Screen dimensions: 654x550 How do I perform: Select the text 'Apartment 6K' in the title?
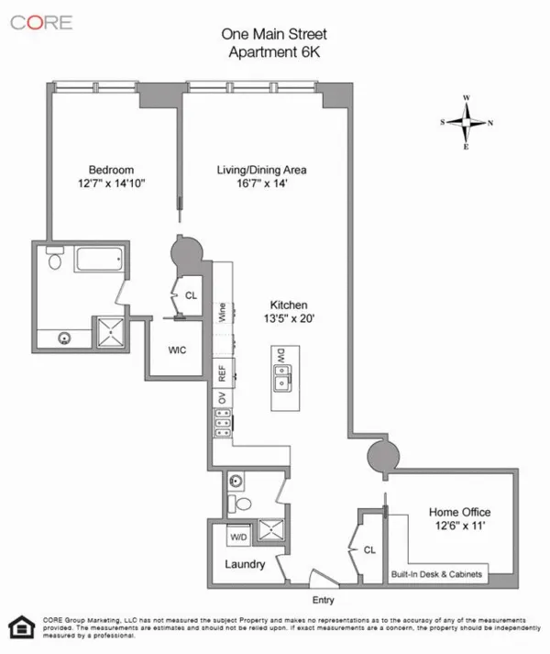(274, 51)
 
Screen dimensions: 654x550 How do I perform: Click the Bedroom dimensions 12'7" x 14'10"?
(112, 183)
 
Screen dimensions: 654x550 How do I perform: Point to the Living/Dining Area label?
(261, 170)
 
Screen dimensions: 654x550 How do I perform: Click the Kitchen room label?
(288, 305)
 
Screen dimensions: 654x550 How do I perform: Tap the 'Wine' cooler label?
(223, 313)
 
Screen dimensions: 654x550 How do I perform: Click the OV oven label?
(222, 397)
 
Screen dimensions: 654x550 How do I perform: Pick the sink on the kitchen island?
(283, 381)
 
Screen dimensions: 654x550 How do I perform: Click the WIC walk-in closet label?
(178, 349)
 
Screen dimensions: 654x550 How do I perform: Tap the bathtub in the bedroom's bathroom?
(102, 259)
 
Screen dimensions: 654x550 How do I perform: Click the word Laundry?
(244, 564)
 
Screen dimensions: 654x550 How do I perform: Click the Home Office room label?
(459, 512)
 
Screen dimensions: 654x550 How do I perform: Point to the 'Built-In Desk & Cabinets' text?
(435, 574)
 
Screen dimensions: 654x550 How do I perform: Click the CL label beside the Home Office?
(370, 550)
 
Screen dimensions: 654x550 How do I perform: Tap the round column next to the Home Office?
(379, 456)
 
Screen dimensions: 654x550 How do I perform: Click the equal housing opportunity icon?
(17, 627)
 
